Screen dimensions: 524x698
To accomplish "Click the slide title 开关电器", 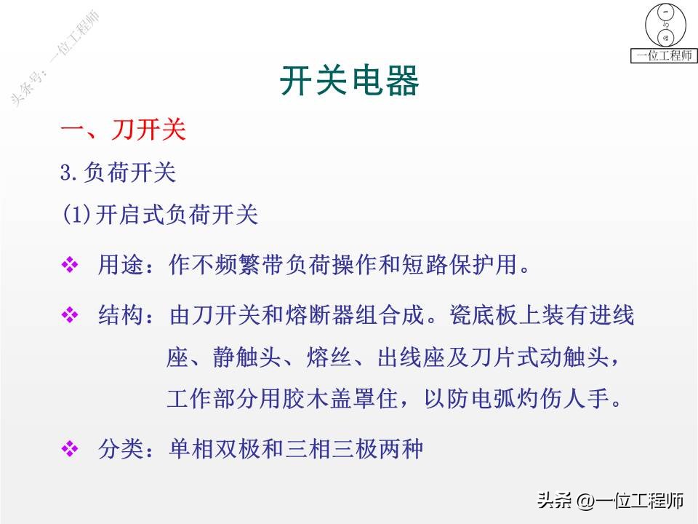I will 350,82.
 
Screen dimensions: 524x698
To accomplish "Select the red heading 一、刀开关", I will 123,131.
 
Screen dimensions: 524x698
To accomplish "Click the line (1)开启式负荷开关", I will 160,215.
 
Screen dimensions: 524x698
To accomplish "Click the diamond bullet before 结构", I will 70,315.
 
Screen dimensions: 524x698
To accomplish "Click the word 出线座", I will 412,357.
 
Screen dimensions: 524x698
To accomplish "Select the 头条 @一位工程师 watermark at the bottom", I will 611,501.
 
